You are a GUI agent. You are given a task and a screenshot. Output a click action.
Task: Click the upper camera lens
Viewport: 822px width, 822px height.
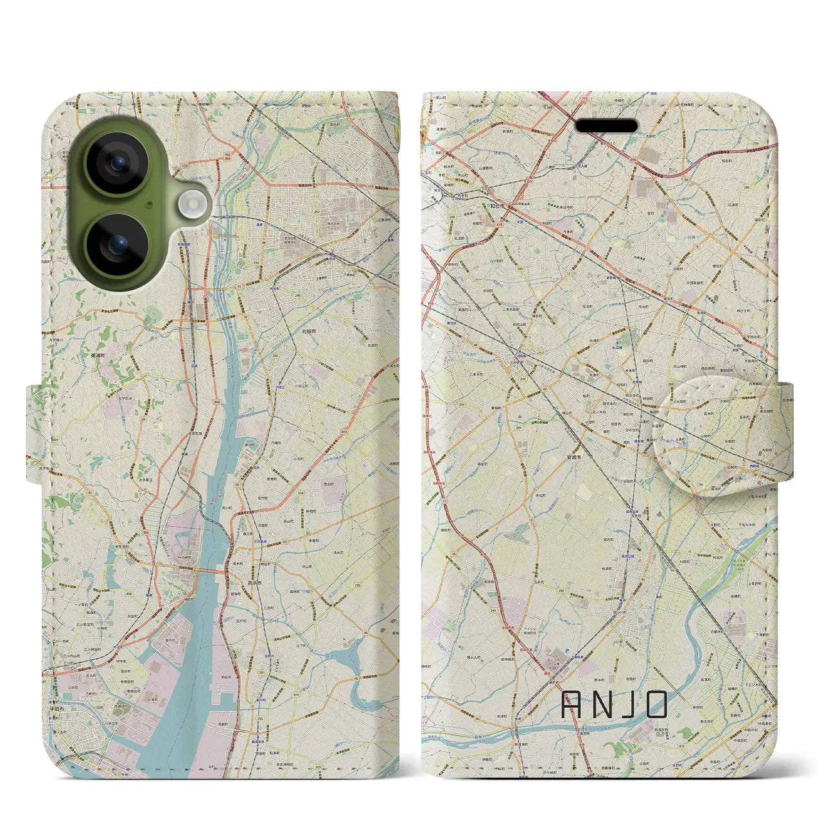[x=117, y=163]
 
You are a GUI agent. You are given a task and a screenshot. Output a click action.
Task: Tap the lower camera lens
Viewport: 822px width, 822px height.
[x=117, y=245]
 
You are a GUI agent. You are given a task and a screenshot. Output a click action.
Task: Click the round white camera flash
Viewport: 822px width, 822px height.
[x=190, y=205]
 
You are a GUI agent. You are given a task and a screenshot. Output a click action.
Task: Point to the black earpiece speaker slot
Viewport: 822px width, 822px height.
[x=606, y=126]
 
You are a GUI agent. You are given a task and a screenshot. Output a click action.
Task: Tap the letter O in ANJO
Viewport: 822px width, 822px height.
[x=656, y=704]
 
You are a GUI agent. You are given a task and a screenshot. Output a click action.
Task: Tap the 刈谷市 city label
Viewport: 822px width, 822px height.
[x=310, y=331]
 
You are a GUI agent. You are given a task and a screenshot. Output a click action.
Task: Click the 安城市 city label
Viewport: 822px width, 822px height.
[x=573, y=457]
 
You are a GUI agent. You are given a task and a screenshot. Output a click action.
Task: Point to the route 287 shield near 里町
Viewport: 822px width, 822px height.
[x=622, y=223]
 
